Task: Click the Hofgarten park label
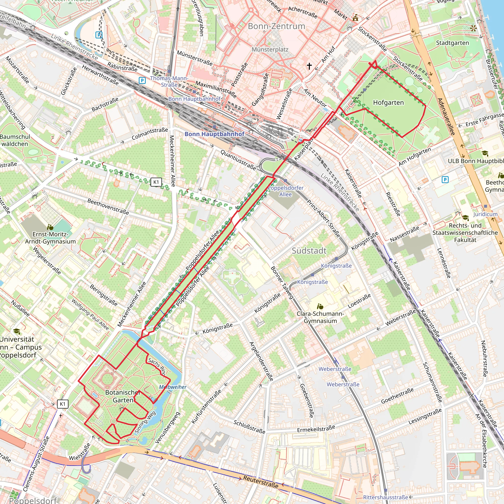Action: (x=388, y=103)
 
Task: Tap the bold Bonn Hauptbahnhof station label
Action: (x=214, y=134)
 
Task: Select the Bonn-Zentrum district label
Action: (x=276, y=26)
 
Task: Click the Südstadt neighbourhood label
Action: (x=309, y=251)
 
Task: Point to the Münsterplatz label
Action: (x=270, y=49)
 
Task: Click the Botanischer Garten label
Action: (x=123, y=396)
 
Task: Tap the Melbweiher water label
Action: (x=173, y=387)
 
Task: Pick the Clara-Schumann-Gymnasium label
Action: (x=320, y=317)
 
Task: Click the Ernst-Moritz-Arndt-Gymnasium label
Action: (x=50, y=238)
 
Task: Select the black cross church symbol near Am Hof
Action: (x=309, y=66)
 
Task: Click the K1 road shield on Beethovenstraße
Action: (x=156, y=182)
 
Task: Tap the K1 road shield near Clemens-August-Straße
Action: (x=63, y=404)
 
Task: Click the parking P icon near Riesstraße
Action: (x=445, y=179)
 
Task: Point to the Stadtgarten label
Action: (x=452, y=43)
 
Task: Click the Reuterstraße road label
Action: (x=261, y=482)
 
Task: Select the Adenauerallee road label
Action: (x=446, y=116)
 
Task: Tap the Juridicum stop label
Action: (x=485, y=214)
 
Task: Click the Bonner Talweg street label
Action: (x=282, y=283)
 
